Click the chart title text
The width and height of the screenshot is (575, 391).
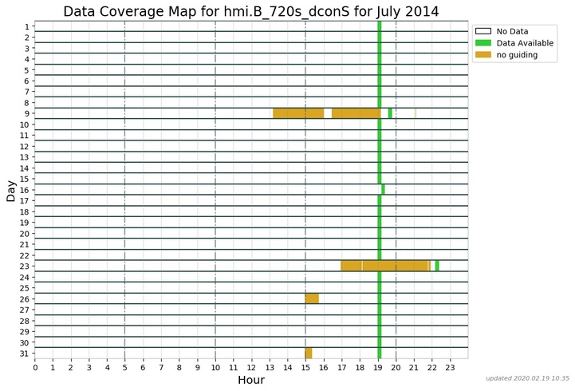pos(262,11)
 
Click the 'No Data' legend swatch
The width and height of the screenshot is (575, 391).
pos(482,31)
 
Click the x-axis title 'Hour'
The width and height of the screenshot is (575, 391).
pos(251,381)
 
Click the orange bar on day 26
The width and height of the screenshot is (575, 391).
pos(312,298)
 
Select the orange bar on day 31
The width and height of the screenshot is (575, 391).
pos(309,353)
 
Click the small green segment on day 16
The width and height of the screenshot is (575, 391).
pos(383,189)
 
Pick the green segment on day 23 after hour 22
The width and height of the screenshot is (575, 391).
pos(437,266)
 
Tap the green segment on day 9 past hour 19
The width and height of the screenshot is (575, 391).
pos(390,113)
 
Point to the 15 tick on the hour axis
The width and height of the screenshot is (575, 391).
pos(305,367)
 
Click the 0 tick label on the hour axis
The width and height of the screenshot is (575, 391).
pos(35,367)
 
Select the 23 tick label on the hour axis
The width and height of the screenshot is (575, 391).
pos(450,367)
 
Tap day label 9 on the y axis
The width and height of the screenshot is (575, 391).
pos(26,113)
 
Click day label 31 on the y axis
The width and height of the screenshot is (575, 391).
pos(25,353)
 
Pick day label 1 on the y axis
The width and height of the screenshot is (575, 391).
pos(26,26)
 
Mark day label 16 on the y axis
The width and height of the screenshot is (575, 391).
pos(25,190)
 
